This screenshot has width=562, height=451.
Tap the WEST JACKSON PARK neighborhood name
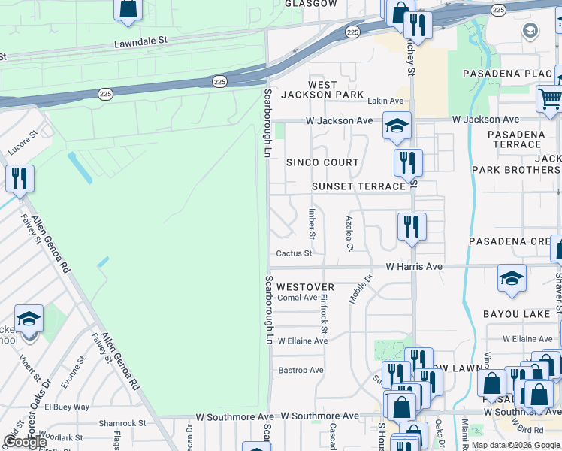click(x=322, y=89)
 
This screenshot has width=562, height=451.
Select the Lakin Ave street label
click(x=385, y=101)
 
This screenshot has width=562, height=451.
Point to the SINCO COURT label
click(x=322, y=162)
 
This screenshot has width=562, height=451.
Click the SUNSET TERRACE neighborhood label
click(x=348, y=186)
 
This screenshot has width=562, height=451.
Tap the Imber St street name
click(x=311, y=223)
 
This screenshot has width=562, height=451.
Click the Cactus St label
click(x=294, y=254)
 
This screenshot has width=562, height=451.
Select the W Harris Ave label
click(x=415, y=267)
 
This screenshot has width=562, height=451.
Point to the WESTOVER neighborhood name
click(x=305, y=287)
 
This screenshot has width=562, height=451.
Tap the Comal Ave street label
click(x=298, y=298)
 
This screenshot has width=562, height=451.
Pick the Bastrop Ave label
click(x=301, y=370)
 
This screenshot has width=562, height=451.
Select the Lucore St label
click(x=23, y=144)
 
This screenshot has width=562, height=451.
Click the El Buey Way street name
click(x=67, y=407)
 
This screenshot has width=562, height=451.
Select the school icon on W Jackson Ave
click(x=397, y=126)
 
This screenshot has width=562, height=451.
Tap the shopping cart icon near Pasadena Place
click(x=549, y=98)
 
